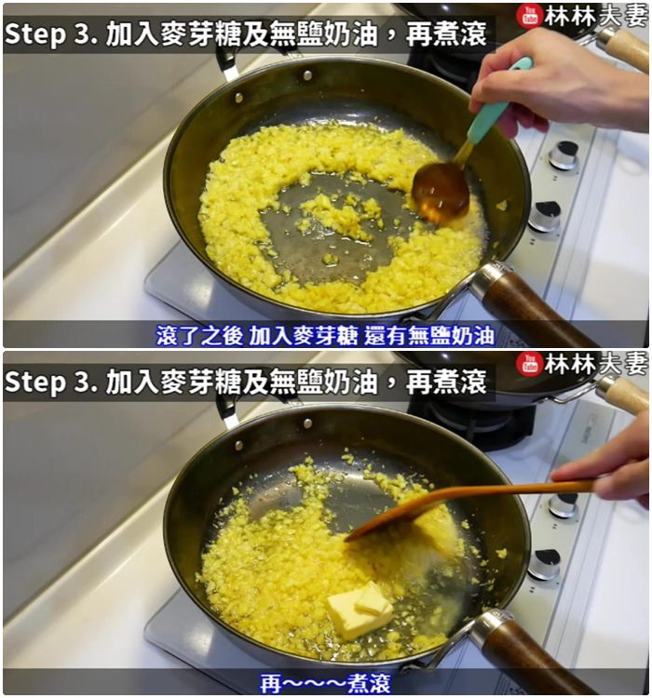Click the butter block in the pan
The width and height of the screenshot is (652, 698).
pos(360,611)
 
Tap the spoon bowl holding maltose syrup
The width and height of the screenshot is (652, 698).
pos(441,193)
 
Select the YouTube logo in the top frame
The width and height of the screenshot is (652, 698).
pos(529,17)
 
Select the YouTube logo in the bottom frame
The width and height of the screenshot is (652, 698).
pos(529,364)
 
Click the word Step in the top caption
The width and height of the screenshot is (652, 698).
pos(35,34)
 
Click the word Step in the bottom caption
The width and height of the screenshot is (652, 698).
pos(35,382)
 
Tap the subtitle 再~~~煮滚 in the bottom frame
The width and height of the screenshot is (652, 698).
pos(326,683)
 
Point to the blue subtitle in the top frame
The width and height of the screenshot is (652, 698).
pos(325,336)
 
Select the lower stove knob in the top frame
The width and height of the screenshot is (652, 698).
pos(546,217)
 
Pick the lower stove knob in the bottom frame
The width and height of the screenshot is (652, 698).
pos(545,565)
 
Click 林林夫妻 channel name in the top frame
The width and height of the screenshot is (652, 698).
pos(595,17)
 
